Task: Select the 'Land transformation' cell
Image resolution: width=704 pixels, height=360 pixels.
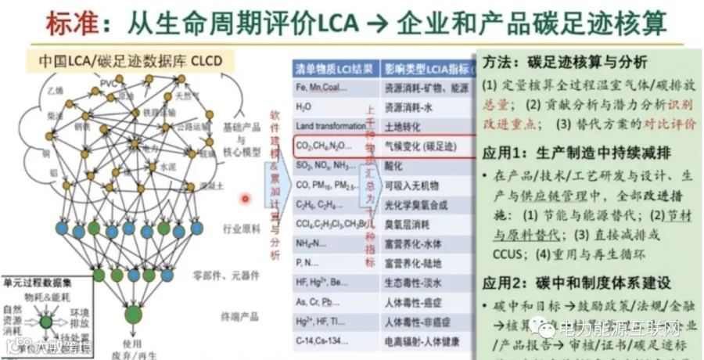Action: (327, 125)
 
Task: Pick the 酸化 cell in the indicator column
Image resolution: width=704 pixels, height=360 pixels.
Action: (395, 165)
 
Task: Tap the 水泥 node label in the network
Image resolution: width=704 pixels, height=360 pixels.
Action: (168, 166)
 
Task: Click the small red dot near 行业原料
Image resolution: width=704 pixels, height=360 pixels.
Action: (245, 199)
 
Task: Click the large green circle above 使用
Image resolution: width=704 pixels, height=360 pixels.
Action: (133, 314)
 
